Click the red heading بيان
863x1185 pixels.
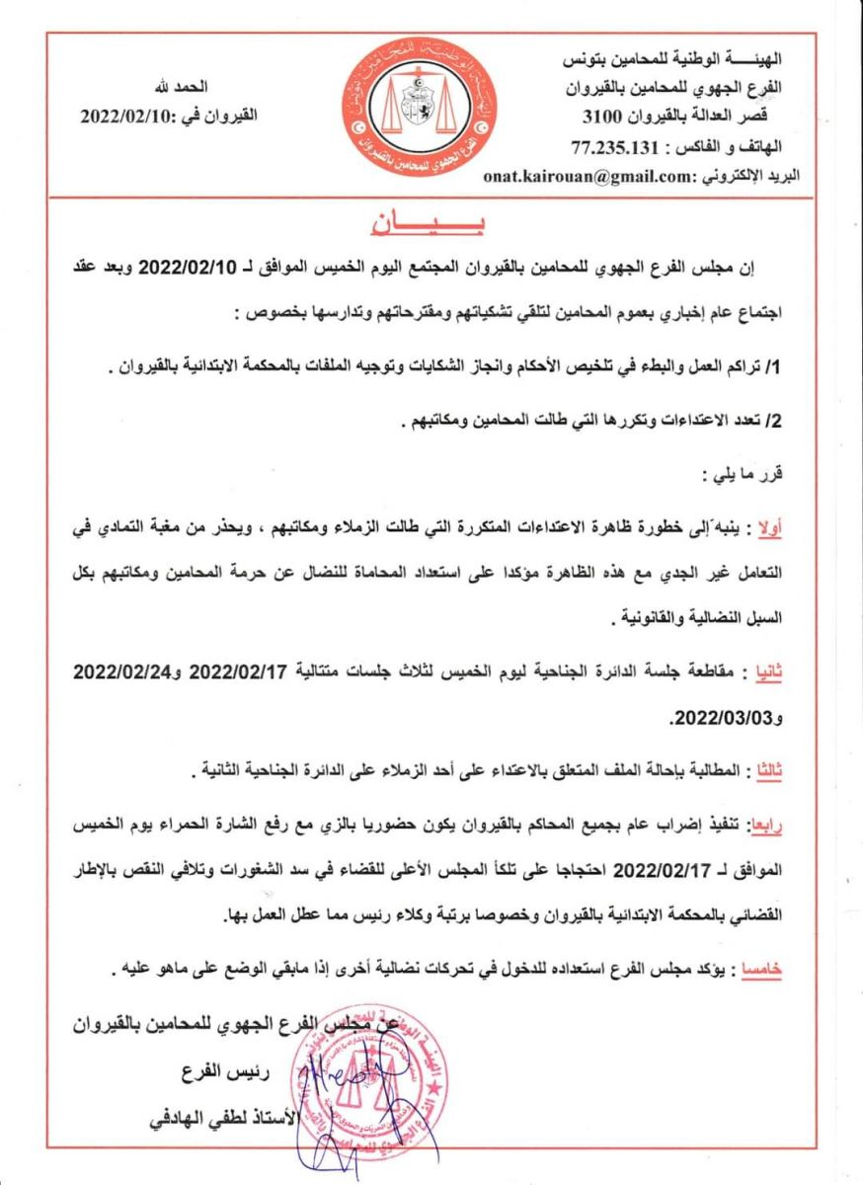[431, 223]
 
